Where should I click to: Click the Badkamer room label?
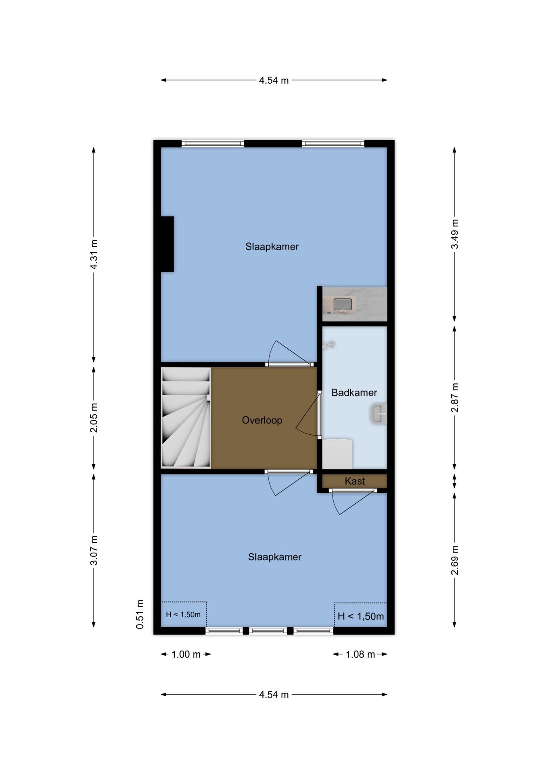pyautogui.click(x=354, y=392)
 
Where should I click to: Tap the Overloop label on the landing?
pyautogui.click(x=262, y=420)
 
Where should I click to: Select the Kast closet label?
pyautogui.click(x=355, y=481)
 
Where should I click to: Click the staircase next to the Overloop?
pyautogui.click(x=186, y=418)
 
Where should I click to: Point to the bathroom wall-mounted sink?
pyautogui.click(x=379, y=414)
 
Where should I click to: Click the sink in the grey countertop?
pyautogui.click(x=343, y=304)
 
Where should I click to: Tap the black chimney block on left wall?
pyautogui.click(x=167, y=244)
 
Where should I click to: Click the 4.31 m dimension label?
pyautogui.click(x=94, y=255)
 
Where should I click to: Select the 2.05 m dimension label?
pyautogui.click(x=94, y=417)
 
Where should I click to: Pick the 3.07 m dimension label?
pyautogui.click(x=94, y=550)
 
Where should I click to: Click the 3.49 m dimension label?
pyautogui.click(x=455, y=234)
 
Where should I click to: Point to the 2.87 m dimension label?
pyautogui.click(x=455, y=398)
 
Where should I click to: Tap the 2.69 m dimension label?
pyautogui.click(x=455, y=560)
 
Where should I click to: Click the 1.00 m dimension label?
pyautogui.click(x=186, y=654)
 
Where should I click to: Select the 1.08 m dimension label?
pyautogui.click(x=360, y=654)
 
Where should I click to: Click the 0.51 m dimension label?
pyautogui.click(x=140, y=614)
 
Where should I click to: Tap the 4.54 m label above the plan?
pyautogui.click(x=274, y=80)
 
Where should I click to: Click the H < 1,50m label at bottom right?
pyautogui.click(x=360, y=616)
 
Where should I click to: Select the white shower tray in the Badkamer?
pyautogui.click(x=337, y=454)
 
